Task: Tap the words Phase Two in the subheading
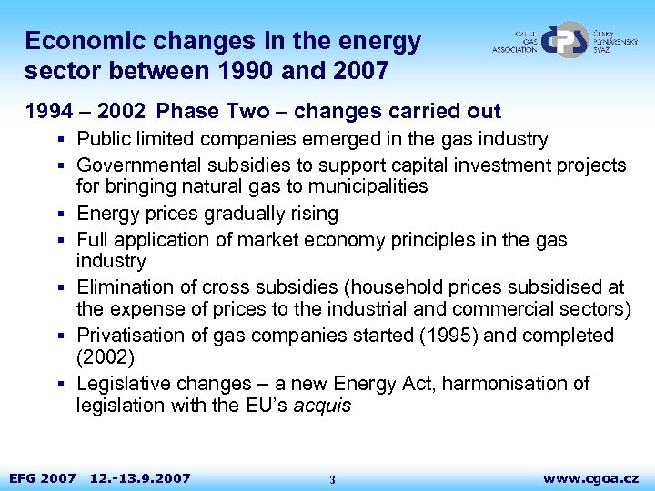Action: tap(213, 112)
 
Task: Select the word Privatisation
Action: tap(130, 336)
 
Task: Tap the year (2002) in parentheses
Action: tap(105, 356)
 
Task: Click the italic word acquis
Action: tap(322, 406)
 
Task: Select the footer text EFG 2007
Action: tap(42, 477)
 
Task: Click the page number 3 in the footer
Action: tap(332, 479)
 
